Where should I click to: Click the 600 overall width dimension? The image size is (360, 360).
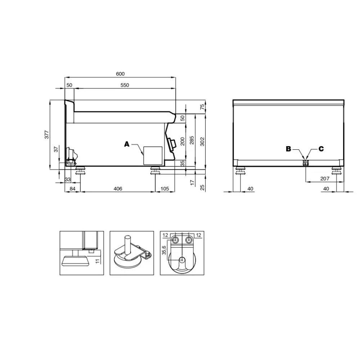120,74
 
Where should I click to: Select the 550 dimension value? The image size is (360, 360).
125,85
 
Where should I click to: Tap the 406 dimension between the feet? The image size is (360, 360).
118,189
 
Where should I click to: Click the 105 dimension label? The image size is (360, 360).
165,189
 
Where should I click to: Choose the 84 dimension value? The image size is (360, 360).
72,189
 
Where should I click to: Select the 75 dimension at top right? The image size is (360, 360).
202,107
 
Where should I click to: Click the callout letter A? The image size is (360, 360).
126,144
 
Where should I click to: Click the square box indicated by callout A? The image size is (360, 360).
152,155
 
